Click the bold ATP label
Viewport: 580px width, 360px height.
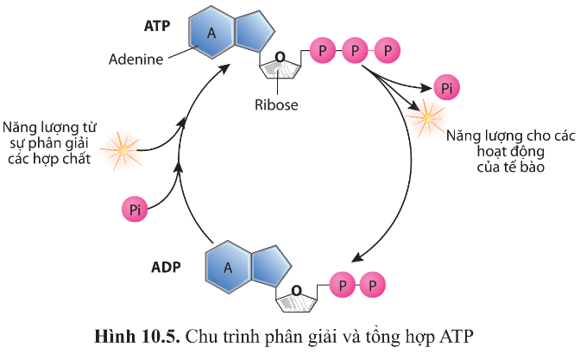click(157, 26)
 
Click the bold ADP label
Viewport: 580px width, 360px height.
click(166, 267)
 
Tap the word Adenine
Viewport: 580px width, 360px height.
click(136, 60)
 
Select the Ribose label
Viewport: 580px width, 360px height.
click(276, 104)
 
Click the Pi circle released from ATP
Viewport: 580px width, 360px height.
click(447, 88)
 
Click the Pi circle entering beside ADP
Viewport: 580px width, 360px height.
click(135, 210)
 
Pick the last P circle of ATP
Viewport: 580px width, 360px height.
click(388, 50)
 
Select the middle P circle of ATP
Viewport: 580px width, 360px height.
click(355, 50)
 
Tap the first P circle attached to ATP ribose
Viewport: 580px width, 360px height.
click(323, 50)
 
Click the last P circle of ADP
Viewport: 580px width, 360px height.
click(373, 285)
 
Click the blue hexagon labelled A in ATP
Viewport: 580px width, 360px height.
click(211, 33)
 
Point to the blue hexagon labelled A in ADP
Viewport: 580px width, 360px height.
click(228, 267)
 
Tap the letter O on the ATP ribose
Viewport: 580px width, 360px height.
click(280, 57)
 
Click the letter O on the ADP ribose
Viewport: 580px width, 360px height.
click(297, 291)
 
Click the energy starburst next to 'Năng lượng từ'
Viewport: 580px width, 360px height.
click(122, 150)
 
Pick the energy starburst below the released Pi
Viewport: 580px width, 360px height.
click(427, 118)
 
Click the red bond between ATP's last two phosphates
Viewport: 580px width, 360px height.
click(371, 50)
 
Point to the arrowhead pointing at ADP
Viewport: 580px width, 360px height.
click(357, 257)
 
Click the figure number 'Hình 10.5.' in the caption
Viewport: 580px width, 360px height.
click(137, 337)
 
